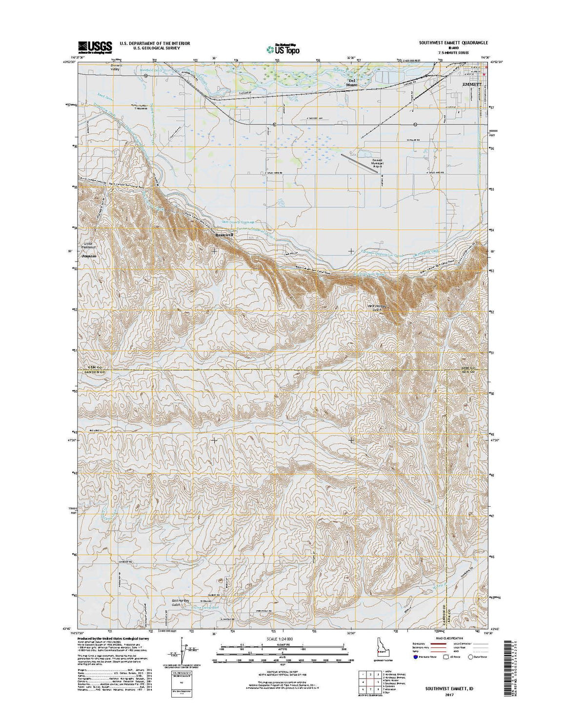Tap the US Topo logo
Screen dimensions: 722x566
pyautogui.click(x=283, y=48)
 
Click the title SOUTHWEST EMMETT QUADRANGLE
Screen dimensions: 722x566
pyautogui.click(x=453, y=43)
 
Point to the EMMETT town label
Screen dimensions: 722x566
pyautogui.click(x=471, y=84)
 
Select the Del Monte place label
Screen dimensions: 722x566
pyautogui.click(x=352, y=83)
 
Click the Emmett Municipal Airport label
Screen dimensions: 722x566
pyautogui.click(x=377, y=163)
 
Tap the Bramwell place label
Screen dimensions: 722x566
pyautogui.click(x=224, y=235)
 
